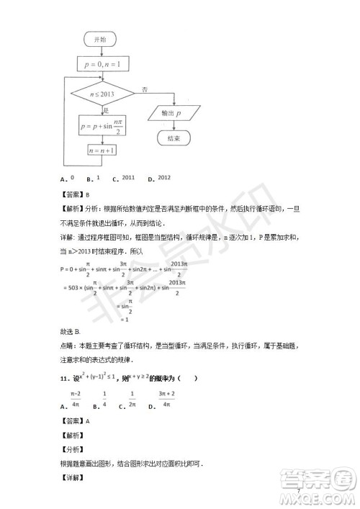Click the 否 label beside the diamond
tap(145, 89)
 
